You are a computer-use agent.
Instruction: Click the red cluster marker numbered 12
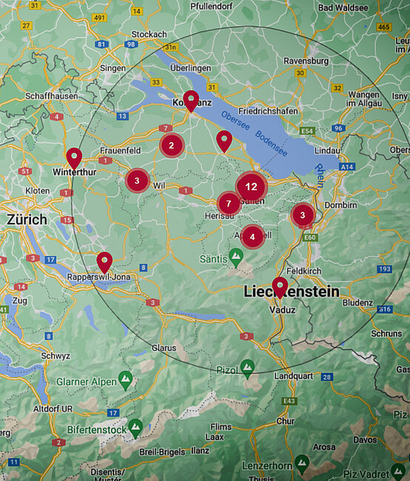pyautogui.click(x=252, y=186)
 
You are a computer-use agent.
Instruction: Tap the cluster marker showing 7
pyautogui.click(x=229, y=203)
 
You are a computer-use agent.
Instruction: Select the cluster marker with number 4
pyautogui.click(x=253, y=237)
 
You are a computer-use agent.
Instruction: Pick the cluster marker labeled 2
pyautogui.click(x=172, y=145)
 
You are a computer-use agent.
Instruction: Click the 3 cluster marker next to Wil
pyautogui.click(x=137, y=181)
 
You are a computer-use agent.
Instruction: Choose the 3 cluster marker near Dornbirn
pyautogui.click(x=302, y=215)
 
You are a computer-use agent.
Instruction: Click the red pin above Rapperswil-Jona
pyautogui.click(x=105, y=262)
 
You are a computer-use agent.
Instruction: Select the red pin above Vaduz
pyautogui.click(x=280, y=287)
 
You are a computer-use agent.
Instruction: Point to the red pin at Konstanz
pyautogui.click(x=191, y=101)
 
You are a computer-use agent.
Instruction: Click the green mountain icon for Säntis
pyautogui.click(x=236, y=257)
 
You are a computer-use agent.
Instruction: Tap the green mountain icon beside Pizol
pyautogui.click(x=247, y=366)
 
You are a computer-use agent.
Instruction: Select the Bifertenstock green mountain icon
pyautogui.click(x=135, y=427)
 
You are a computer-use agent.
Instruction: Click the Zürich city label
pyautogui.click(x=27, y=220)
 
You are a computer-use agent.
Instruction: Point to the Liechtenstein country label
pyautogui.click(x=292, y=292)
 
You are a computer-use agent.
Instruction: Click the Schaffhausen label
pyautogui.click(x=51, y=96)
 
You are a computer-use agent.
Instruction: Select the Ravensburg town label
pyautogui.click(x=306, y=61)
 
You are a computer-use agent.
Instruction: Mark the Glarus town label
pyautogui.click(x=164, y=347)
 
